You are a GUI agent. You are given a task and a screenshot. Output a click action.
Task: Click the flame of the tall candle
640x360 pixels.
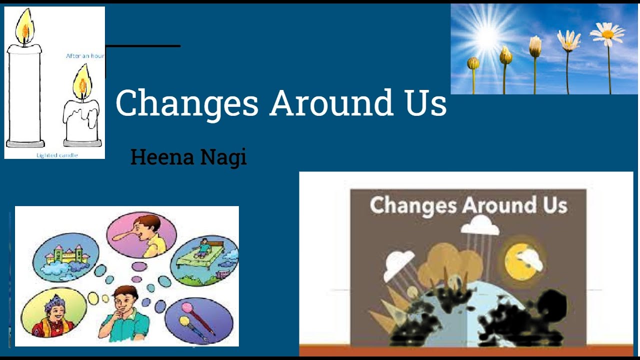23,27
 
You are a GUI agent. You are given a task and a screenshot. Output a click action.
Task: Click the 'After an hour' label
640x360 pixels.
85,56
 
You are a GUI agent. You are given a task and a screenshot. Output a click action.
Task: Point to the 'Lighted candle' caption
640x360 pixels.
57,155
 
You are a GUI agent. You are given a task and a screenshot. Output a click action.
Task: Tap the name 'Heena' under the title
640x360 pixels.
161,157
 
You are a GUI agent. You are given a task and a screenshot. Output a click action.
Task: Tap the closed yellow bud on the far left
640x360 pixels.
473,63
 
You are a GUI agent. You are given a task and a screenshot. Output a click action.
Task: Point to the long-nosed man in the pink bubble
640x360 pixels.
145,235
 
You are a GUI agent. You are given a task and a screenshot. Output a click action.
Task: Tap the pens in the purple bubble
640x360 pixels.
197,318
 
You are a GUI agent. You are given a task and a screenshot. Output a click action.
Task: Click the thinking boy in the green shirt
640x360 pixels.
125,312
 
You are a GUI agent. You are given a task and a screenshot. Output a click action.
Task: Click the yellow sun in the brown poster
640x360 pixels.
520,259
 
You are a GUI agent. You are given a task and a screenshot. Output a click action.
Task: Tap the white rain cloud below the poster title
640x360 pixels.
479,227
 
